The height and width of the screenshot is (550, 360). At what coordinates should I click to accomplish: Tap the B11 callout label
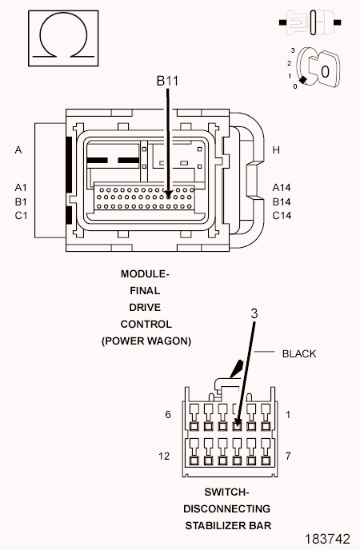[x=167, y=81]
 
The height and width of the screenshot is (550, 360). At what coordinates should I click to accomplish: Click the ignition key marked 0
[x=324, y=70]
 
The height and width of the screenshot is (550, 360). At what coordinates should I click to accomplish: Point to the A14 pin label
[x=282, y=188]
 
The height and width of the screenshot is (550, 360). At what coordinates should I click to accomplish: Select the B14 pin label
[x=282, y=201]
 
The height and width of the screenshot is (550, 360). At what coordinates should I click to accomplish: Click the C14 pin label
[x=282, y=215]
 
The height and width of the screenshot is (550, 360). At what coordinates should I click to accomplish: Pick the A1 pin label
[x=21, y=188]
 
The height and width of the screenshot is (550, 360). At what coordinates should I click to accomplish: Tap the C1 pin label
[x=21, y=215]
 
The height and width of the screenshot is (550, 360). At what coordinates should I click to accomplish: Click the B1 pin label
[x=21, y=201]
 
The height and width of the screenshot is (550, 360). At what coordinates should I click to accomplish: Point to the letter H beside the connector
[x=276, y=150]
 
